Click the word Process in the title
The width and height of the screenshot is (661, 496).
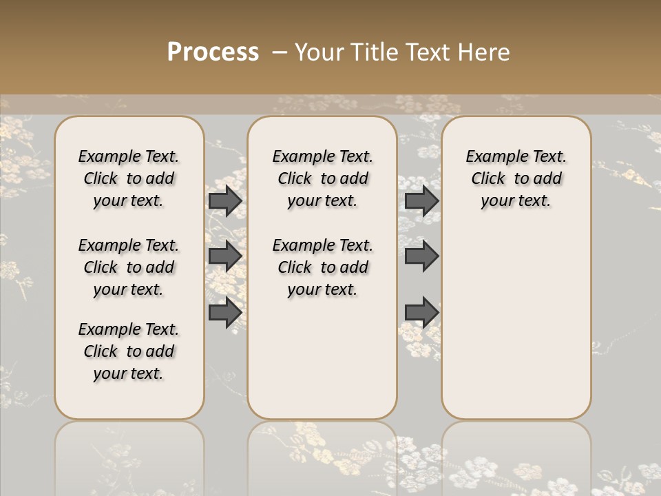[213, 52]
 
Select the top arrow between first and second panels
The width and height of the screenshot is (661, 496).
[225, 201]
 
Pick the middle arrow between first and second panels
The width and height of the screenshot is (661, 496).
[225, 256]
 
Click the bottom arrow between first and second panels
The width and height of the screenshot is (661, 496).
[225, 313]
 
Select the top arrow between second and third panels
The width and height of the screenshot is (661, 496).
[421, 201]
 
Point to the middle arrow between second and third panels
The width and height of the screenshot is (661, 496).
[421, 256]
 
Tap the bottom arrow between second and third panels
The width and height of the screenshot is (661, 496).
[421, 313]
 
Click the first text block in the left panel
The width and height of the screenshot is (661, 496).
[129, 178]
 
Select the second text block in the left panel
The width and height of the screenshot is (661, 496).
[129, 267]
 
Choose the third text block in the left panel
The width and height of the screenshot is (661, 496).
[129, 351]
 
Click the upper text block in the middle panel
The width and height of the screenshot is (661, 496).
[323, 178]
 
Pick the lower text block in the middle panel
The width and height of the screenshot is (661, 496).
[323, 267]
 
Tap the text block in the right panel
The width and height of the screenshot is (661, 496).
[516, 178]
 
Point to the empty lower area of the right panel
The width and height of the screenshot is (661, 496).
[516, 331]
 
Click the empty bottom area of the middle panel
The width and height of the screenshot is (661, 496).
[323, 365]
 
